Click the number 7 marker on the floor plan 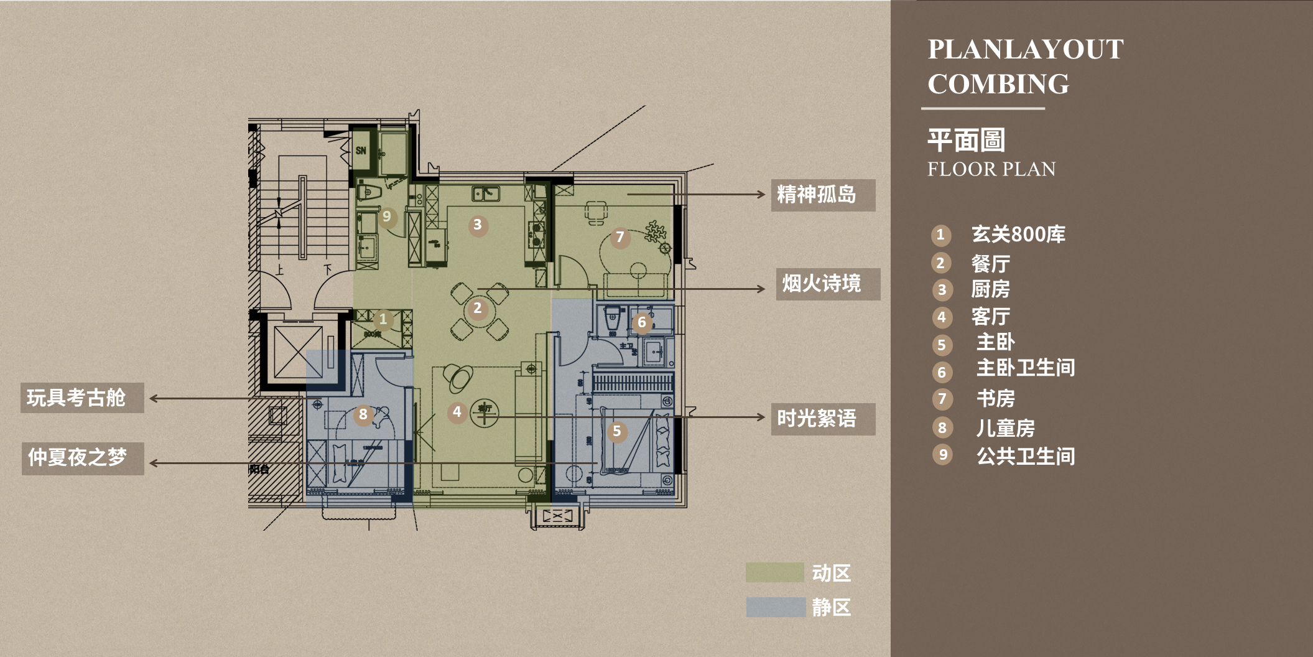(619, 237)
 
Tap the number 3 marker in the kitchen (477, 225)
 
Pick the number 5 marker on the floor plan (616, 431)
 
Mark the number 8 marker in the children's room (363, 414)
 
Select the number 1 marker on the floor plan (383, 320)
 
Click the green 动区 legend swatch (774, 572)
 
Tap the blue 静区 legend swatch (775, 607)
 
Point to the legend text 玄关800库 (1018, 235)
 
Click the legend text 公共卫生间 (1025, 456)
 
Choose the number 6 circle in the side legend (942, 372)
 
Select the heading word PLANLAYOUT (1025, 50)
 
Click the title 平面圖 (966, 140)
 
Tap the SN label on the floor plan (361, 151)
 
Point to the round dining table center (478, 309)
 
